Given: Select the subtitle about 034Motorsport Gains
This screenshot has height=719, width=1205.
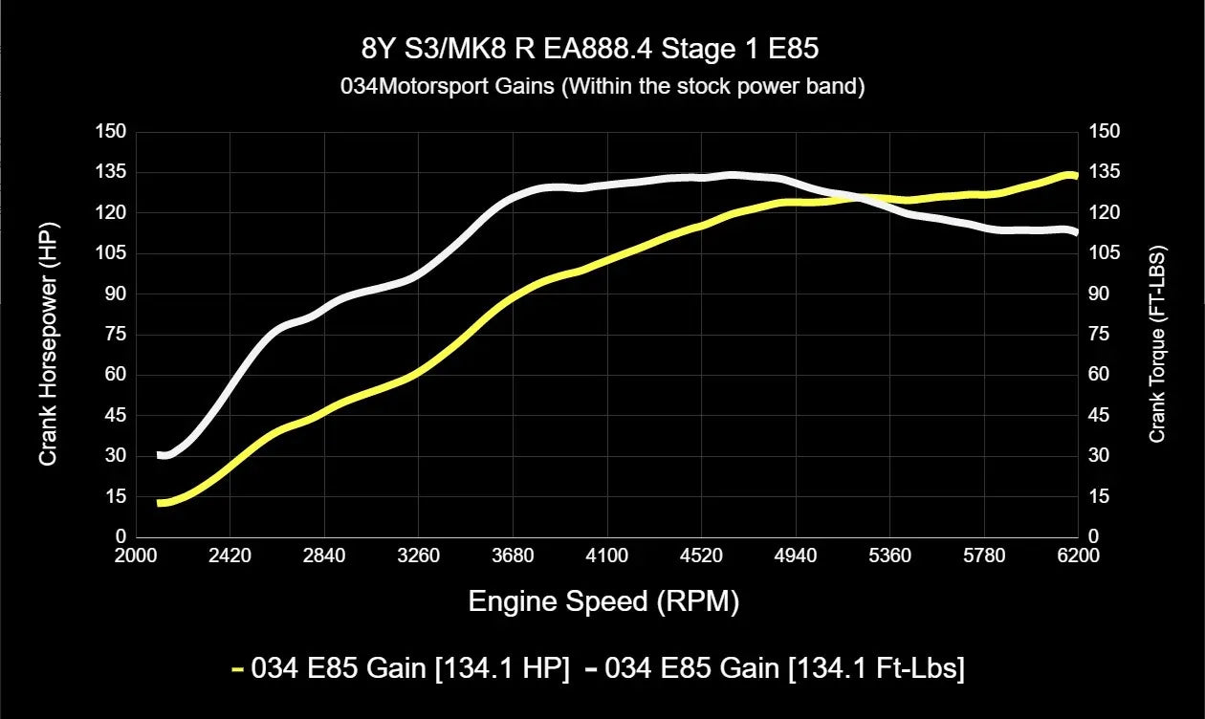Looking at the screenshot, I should click(x=602, y=86).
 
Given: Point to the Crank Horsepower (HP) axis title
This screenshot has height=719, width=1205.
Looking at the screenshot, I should click(x=48, y=335).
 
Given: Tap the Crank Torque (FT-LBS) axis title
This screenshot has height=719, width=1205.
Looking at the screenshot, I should click(x=1157, y=335).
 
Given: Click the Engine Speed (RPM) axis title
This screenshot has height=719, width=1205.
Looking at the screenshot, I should click(x=603, y=601).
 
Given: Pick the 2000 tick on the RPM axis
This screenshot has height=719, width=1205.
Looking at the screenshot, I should click(x=136, y=556).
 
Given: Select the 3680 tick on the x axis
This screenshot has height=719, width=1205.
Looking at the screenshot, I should click(x=514, y=556).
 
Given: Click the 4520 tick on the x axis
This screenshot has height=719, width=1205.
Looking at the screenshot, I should click(x=702, y=556).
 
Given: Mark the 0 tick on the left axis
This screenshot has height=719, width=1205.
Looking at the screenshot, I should click(x=120, y=537).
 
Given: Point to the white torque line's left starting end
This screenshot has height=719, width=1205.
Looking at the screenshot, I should click(x=162, y=455).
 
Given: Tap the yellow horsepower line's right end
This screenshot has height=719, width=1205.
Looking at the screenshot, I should click(x=1075, y=175).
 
